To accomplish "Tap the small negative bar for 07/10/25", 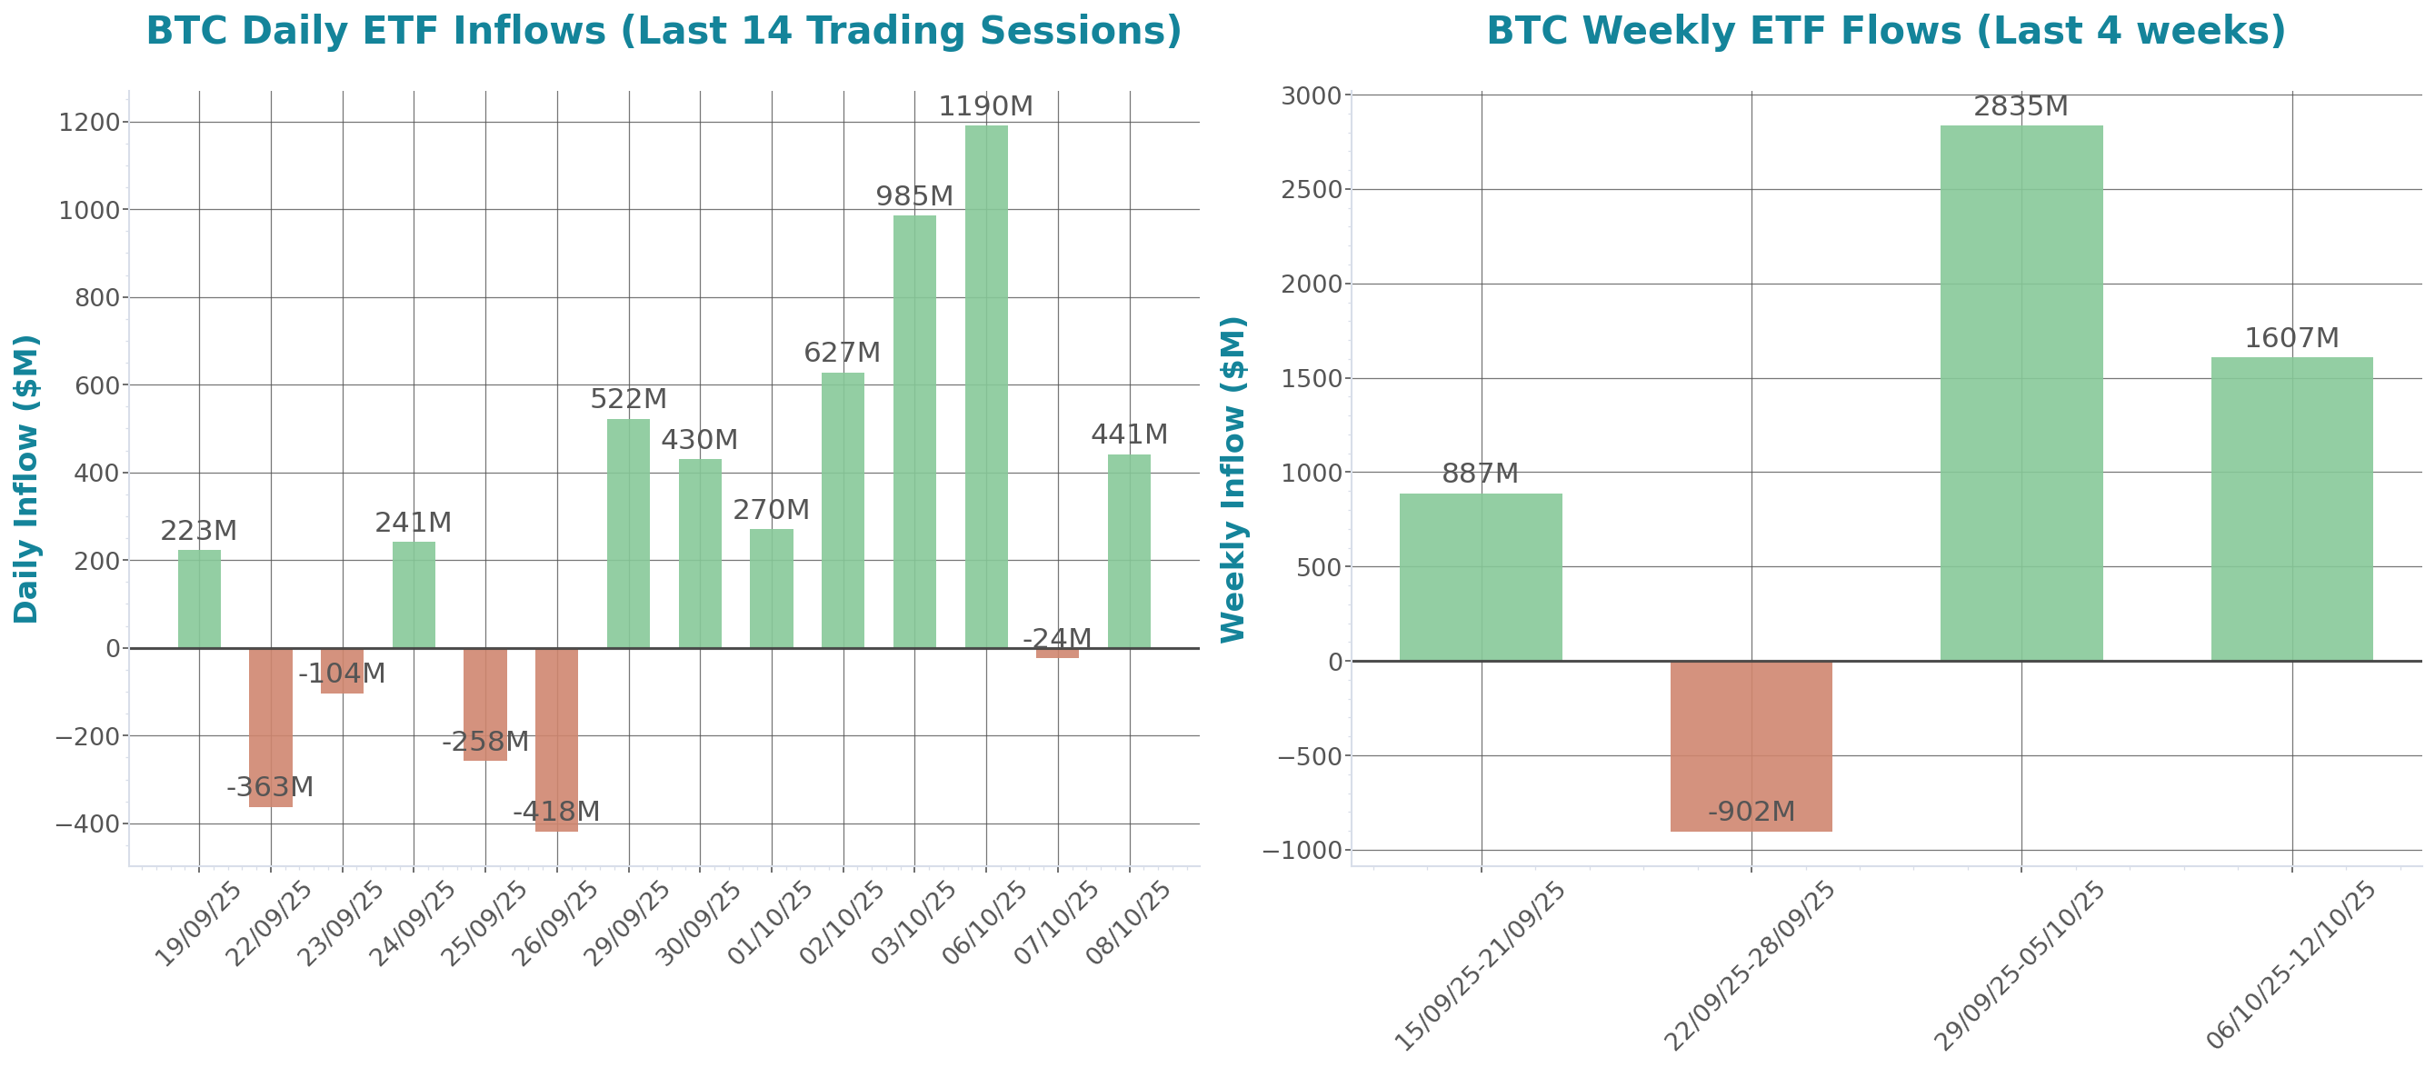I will click(1057, 652).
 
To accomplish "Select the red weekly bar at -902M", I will click(1751, 745).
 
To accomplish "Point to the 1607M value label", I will click(2291, 337).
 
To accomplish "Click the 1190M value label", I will click(985, 105).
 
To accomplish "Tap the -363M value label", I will click(269, 786).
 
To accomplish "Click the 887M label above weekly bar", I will click(1480, 473).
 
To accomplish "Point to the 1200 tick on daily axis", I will click(89, 123).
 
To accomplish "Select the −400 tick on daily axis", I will click(87, 824).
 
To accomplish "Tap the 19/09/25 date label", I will click(199, 923).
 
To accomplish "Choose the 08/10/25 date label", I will click(1129, 923).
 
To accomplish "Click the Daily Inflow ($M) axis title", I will click(26, 478).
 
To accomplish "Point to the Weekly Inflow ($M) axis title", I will click(1233, 478).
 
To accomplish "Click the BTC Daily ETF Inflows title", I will click(664, 30).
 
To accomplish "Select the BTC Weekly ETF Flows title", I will click(1886, 30).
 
